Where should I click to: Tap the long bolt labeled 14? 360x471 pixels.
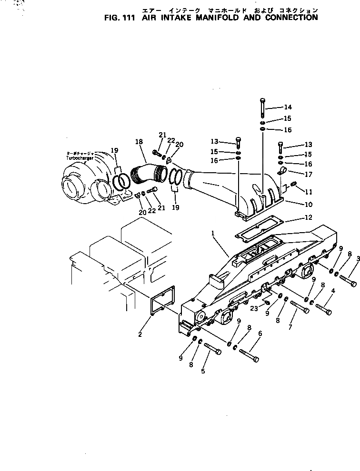pos(262,108)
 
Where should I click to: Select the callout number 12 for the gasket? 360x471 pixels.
pos(308,217)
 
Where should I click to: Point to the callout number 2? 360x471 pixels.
pos(140,334)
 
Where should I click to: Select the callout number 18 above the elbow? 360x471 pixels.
pos(139,142)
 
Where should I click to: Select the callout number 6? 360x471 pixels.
pos(260,334)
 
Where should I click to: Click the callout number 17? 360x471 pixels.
pos(308,174)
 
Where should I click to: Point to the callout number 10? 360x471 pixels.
pos(308,205)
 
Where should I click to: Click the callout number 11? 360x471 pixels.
pos(308,192)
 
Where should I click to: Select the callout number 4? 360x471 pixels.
pos(333,291)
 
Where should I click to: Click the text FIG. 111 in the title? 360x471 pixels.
pos(120,18)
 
